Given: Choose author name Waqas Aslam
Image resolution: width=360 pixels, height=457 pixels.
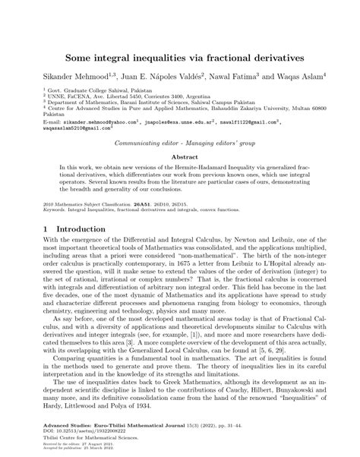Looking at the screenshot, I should (297, 77).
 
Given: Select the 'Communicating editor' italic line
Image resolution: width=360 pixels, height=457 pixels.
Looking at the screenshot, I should (180, 142).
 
